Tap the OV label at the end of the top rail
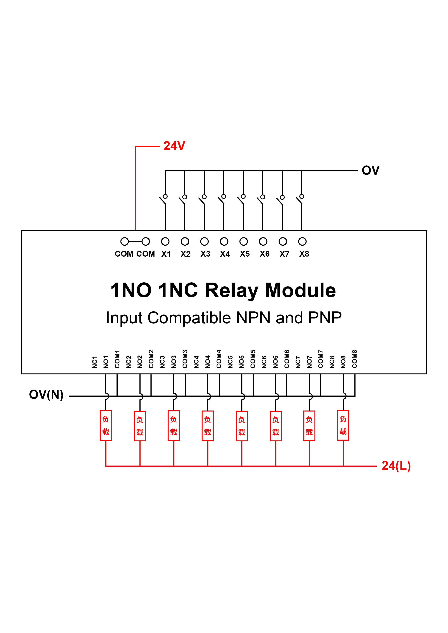(371, 170)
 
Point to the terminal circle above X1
(165, 241)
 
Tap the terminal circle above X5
(244, 241)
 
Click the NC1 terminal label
(95, 362)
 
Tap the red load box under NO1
(106, 425)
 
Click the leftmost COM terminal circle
(124, 241)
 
